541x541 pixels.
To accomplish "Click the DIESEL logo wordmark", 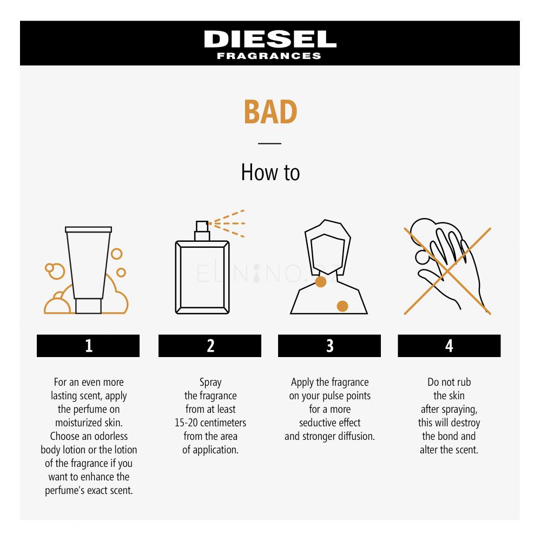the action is (x=270, y=39).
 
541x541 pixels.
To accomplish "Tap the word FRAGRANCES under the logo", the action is (x=269, y=56).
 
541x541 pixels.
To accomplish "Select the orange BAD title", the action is (x=270, y=112).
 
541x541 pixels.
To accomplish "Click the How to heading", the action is (x=270, y=172).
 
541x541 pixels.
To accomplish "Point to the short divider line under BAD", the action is (x=270, y=143).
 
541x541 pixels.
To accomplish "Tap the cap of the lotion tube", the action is (x=88, y=306).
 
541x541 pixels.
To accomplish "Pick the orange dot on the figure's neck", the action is (x=321, y=281).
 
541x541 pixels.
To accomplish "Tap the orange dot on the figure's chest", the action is (x=342, y=306).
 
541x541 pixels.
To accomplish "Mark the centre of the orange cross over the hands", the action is (x=447, y=271).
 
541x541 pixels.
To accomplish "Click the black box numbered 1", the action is (x=88, y=346).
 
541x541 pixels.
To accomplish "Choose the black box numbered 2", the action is (x=210, y=346).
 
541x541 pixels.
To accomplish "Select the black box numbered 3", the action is (x=329, y=346).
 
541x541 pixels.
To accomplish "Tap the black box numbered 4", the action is (x=449, y=346).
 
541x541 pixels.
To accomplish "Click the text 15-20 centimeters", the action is (x=210, y=423).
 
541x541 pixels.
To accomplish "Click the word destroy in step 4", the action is (x=465, y=423).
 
